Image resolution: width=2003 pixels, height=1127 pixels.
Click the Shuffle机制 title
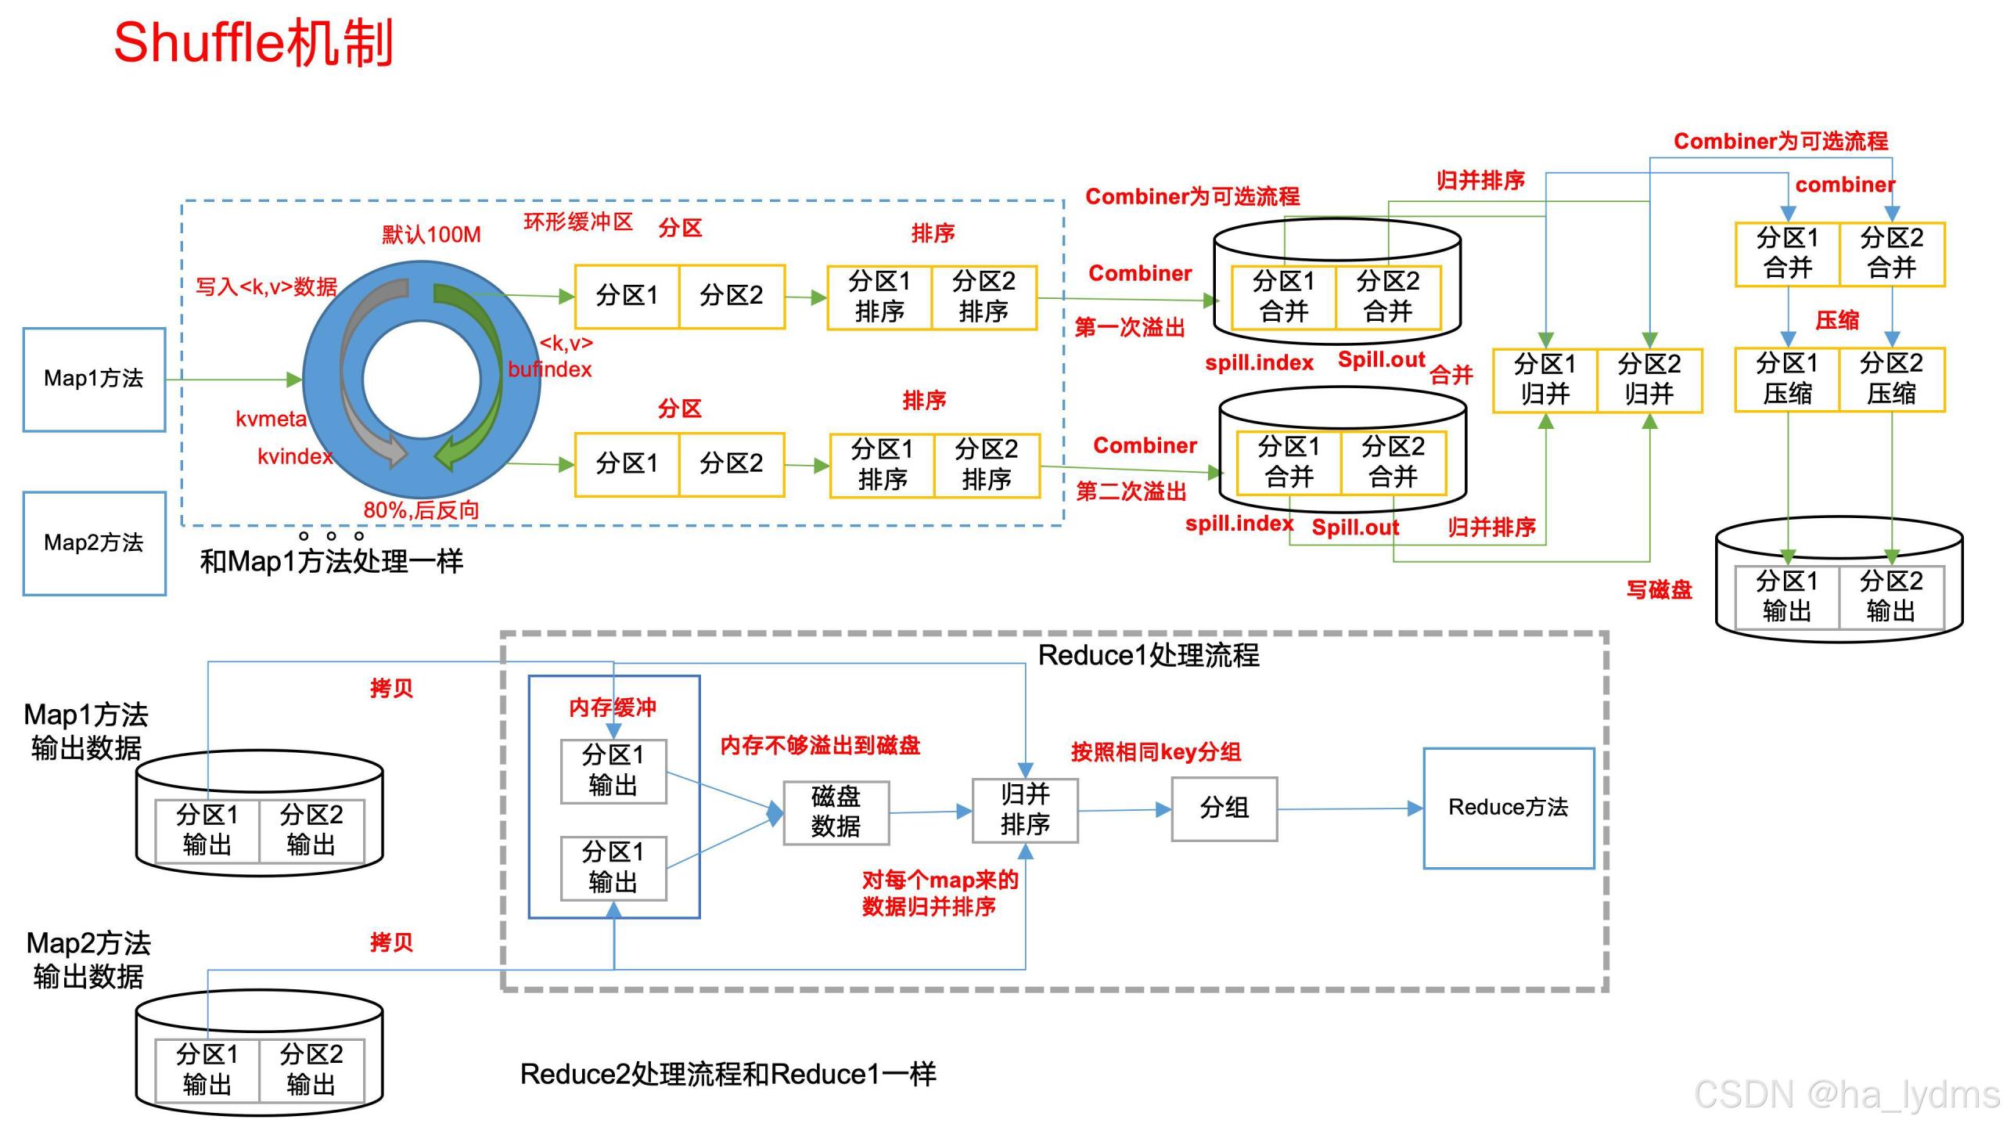click(x=253, y=42)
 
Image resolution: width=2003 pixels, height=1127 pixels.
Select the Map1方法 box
click(x=94, y=380)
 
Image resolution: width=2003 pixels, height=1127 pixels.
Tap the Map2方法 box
click(x=94, y=543)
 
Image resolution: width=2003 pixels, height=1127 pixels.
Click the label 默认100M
click(x=431, y=234)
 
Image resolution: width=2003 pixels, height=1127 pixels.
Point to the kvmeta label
click(x=271, y=419)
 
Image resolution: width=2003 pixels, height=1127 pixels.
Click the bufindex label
click(x=549, y=369)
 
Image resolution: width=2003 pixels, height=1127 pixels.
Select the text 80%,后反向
click(x=421, y=510)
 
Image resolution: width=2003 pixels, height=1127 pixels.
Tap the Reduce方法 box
click(x=1509, y=808)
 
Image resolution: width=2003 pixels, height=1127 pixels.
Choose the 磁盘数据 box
click(x=836, y=812)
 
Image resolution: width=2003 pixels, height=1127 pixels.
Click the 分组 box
click(x=1224, y=808)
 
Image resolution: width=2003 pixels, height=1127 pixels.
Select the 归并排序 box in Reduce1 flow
click(x=1025, y=810)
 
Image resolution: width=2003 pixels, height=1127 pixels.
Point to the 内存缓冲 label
click(x=613, y=708)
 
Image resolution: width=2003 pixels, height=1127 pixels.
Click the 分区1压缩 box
click(x=1787, y=379)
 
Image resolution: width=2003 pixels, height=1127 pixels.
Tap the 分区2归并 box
click(x=1649, y=380)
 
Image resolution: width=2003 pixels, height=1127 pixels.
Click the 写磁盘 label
click(x=1659, y=589)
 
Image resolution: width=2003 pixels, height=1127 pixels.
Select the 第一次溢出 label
click(x=1129, y=327)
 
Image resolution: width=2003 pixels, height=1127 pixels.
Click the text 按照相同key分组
click(x=1156, y=752)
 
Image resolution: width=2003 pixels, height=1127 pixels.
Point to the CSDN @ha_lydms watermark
click(x=1847, y=1093)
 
